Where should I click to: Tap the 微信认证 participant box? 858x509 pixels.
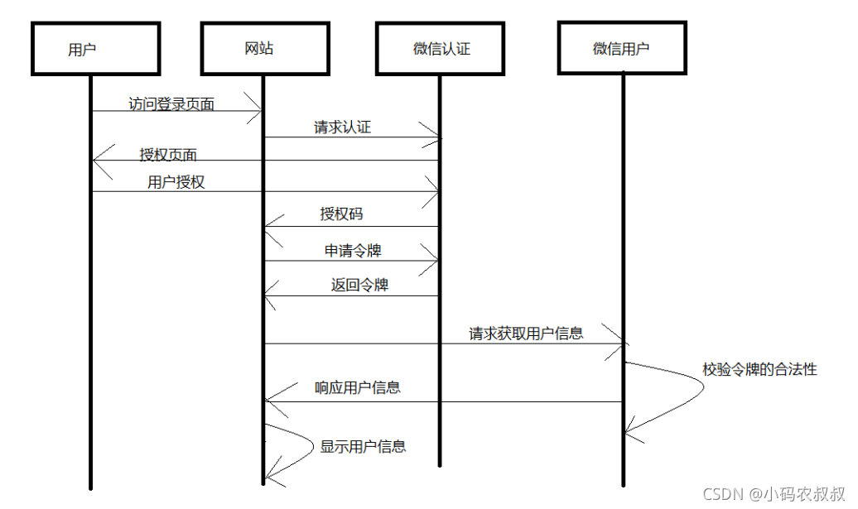[x=440, y=48]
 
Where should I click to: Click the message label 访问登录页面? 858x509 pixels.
[x=171, y=104]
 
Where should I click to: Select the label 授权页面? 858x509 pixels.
[x=168, y=155]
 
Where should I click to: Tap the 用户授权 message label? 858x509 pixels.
[x=176, y=183]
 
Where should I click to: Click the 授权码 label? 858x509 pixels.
[x=341, y=214]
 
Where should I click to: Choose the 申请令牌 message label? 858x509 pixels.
[x=353, y=250]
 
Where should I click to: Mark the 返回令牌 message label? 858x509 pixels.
[x=359, y=286]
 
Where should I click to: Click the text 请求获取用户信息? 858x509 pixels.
[x=526, y=334]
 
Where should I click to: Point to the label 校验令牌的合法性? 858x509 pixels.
[x=759, y=370]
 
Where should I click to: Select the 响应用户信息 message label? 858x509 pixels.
[x=358, y=387]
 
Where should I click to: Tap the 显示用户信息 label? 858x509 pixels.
[x=363, y=447]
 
